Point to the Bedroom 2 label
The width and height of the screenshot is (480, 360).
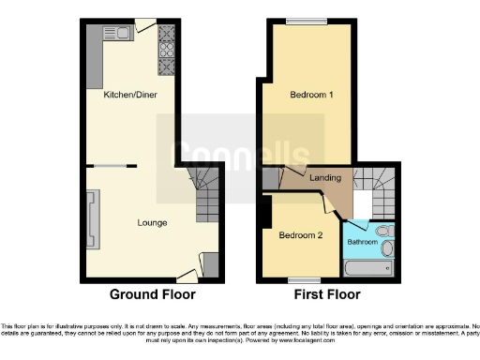pyautogui.click(x=300, y=236)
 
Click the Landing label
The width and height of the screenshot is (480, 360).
pyautogui.click(x=325, y=177)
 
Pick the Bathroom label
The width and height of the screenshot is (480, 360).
pyautogui.click(x=362, y=241)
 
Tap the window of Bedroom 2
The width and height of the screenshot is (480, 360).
pyautogui.click(x=300, y=279)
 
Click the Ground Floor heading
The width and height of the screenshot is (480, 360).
pyautogui.click(x=152, y=294)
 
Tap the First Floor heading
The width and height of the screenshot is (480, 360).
pyautogui.click(x=326, y=294)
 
